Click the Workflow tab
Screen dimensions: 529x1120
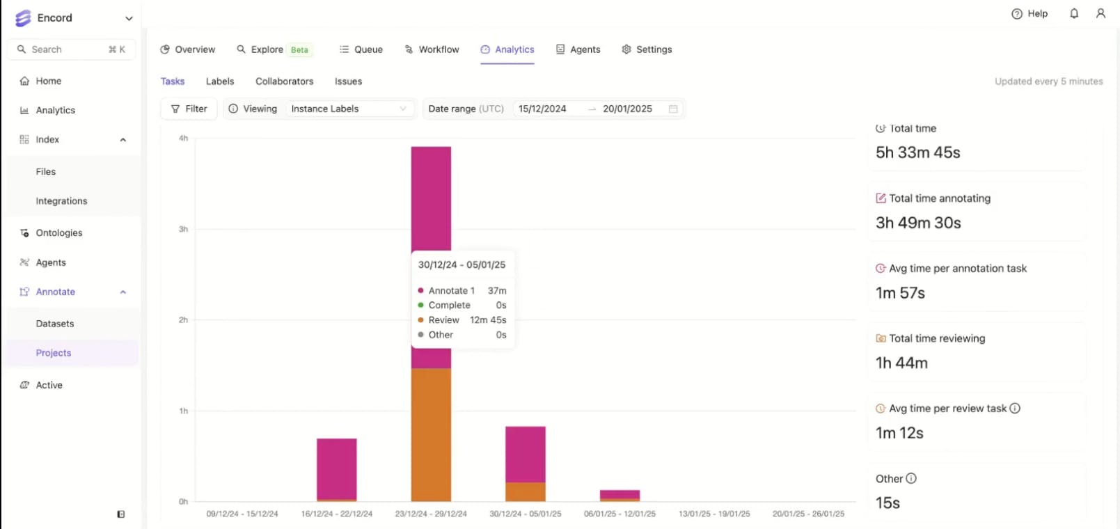[x=432, y=49]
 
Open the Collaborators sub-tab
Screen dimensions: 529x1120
[x=284, y=81]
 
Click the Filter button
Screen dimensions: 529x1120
[x=189, y=109]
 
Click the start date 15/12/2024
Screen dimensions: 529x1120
[x=542, y=109]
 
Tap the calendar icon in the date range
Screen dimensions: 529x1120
[x=673, y=109]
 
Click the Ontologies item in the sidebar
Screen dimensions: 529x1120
[x=58, y=233]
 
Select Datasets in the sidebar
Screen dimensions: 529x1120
[x=55, y=324]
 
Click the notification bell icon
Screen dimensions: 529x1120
[x=1074, y=13]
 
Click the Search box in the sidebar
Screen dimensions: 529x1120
[x=70, y=49]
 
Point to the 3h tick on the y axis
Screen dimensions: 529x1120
[x=183, y=229]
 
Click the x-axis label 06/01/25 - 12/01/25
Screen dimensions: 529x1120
[x=620, y=514]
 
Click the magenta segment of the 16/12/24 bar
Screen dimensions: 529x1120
[x=337, y=468]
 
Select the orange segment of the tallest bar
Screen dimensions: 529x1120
[x=431, y=434]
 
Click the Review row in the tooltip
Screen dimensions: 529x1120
[x=462, y=320]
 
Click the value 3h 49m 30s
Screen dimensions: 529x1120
[x=918, y=223]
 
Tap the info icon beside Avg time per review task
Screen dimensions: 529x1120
[x=1015, y=409]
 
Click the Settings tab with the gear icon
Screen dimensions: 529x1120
[x=647, y=49]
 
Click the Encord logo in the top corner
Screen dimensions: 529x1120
[x=23, y=18]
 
